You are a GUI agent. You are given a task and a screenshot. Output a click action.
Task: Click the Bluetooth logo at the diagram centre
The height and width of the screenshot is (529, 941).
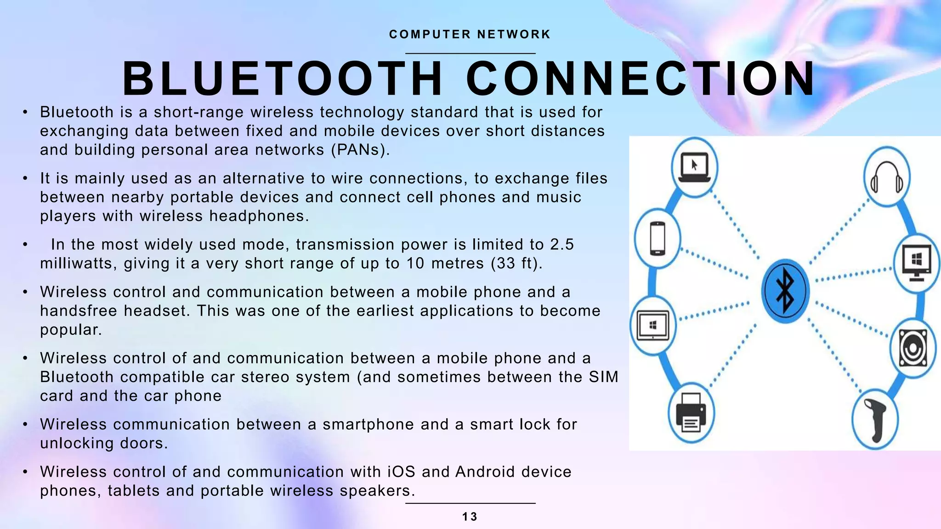tap(785, 291)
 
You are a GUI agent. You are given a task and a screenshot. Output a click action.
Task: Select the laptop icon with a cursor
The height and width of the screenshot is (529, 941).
tap(694, 167)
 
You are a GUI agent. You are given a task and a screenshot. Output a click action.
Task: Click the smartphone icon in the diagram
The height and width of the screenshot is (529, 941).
tap(658, 238)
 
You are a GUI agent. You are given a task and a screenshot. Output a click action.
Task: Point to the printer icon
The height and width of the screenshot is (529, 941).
tap(691, 413)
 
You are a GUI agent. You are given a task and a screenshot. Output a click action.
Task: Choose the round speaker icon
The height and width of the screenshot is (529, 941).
tap(913, 348)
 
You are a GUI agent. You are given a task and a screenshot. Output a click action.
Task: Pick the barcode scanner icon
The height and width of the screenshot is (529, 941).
tap(875, 420)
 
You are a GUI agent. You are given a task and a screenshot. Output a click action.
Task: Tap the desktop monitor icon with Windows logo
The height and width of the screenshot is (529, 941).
tap(916, 263)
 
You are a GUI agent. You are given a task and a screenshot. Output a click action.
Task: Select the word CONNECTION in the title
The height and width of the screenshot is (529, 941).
tap(641, 79)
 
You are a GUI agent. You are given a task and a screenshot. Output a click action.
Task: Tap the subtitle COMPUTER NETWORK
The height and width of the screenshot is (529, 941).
tap(470, 34)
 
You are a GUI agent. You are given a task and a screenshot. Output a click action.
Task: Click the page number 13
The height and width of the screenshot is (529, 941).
tap(470, 517)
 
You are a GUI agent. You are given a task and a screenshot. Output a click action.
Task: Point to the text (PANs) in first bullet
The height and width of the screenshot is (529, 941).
tap(360, 150)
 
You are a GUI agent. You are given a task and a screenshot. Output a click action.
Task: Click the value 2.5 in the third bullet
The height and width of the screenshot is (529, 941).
tap(562, 245)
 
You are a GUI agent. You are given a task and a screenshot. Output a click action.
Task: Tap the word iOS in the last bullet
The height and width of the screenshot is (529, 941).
tap(401, 472)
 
